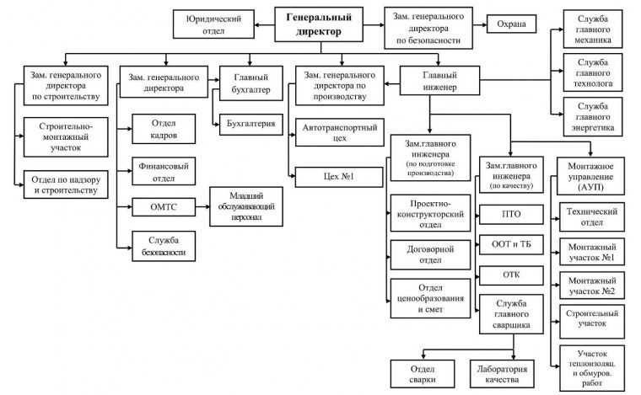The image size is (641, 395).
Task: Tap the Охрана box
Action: click(511, 23)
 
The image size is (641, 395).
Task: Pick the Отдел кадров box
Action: click(164, 131)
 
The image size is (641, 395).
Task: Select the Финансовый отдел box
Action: click(164, 170)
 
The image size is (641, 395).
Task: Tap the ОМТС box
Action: click(164, 206)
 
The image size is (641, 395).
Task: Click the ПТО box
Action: click(510, 215)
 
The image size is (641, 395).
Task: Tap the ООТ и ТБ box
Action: click(510, 245)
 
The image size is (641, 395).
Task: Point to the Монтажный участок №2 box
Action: click(591, 284)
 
